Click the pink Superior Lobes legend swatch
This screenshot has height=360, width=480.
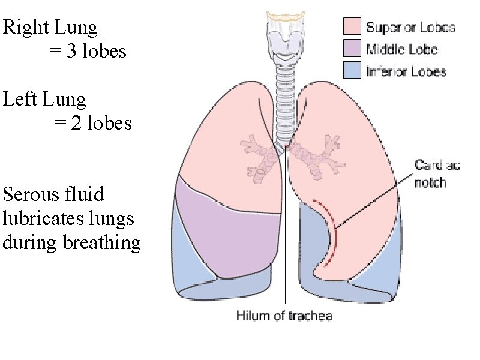(x=352, y=26)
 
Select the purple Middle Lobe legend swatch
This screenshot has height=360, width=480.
(x=352, y=49)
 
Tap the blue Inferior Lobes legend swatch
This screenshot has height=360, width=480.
(x=352, y=71)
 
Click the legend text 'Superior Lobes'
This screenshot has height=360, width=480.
(x=411, y=27)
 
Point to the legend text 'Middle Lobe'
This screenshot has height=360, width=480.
(x=402, y=49)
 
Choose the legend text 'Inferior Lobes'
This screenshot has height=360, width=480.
(x=406, y=71)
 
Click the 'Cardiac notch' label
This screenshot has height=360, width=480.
(x=438, y=173)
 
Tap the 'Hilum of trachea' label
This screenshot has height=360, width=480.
(x=284, y=315)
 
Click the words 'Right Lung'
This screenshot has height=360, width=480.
(x=50, y=27)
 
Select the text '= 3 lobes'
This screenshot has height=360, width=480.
(x=88, y=52)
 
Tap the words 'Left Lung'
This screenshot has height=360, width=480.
(x=45, y=98)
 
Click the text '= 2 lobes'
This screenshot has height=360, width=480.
(x=93, y=123)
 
